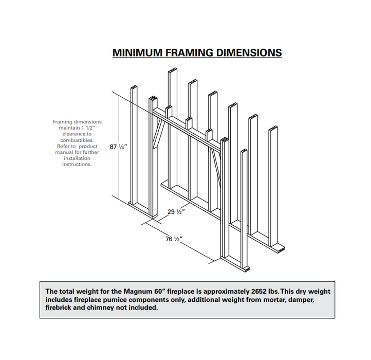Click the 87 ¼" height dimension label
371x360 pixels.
coord(118,147)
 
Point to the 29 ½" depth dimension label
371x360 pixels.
coord(176,211)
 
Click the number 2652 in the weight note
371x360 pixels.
coord(251,291)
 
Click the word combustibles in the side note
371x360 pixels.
coord(77,140)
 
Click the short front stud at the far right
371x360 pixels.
coord(244,206)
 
